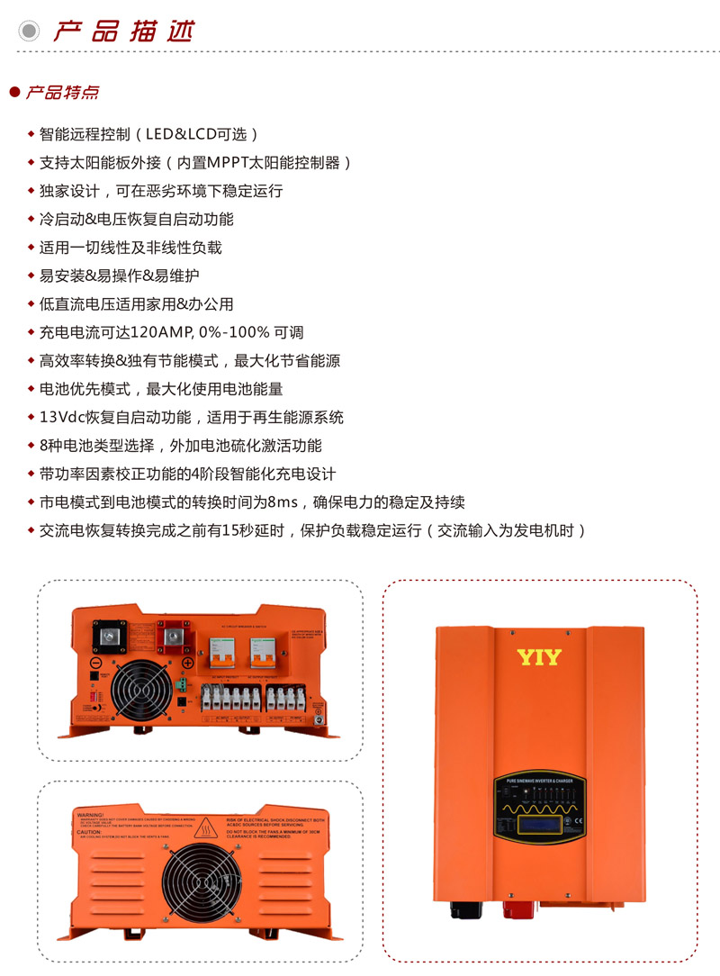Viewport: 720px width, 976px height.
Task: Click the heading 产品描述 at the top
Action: pos(122,31)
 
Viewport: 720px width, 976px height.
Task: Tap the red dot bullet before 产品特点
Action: pos(13,93)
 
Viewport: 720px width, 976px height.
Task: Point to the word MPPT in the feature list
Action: pos(233,163)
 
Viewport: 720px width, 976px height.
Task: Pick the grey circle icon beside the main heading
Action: pos(30,31)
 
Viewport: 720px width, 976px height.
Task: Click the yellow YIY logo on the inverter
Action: pos(539,657)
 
